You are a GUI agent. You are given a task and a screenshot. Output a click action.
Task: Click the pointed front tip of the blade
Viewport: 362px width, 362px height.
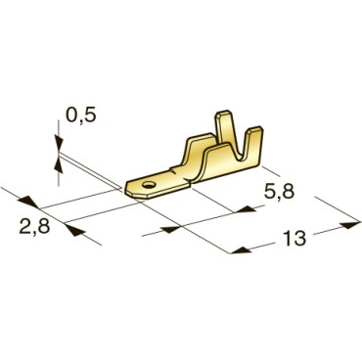[x=128, y=183]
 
